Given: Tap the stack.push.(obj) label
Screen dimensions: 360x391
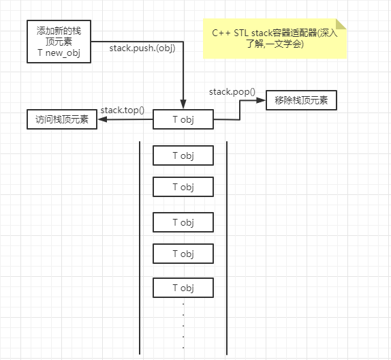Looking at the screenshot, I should [142, 48].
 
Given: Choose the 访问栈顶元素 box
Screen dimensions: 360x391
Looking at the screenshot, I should [61, 120].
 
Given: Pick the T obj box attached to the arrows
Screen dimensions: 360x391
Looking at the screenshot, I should [183, 120].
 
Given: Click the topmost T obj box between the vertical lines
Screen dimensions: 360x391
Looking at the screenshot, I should [183, 155].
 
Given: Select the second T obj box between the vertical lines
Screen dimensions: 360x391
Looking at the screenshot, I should [183, 187].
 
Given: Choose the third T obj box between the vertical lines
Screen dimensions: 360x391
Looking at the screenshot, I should [183, 222].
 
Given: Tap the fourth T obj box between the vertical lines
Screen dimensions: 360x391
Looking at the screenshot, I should [183, 254].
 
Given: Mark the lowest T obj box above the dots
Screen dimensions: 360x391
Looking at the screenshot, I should [183, 288].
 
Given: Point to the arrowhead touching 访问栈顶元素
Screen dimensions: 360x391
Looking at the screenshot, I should [101, 120].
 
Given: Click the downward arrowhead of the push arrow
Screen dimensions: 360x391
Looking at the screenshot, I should [183, 105].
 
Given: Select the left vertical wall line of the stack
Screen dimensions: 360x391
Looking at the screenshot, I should [140, 245].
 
